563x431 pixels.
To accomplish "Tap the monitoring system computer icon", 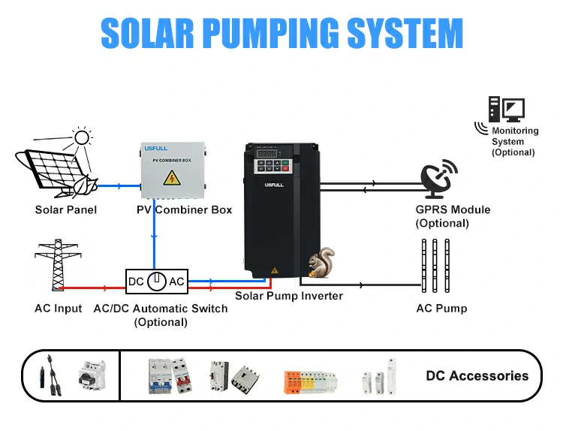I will tap(506, 110).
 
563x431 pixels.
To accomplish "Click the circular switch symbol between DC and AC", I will tap(156, 282).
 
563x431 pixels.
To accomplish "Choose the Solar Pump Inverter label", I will tap(289, 296).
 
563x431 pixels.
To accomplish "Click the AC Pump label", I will tap(441, 309).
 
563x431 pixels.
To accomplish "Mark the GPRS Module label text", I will tap(453, 209).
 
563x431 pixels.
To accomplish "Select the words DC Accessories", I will tap(477, 376).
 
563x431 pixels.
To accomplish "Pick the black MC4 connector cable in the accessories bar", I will tap(46, 375).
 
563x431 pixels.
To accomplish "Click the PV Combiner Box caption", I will tap(184, 210).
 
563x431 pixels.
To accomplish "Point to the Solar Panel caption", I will tap(66, 210).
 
